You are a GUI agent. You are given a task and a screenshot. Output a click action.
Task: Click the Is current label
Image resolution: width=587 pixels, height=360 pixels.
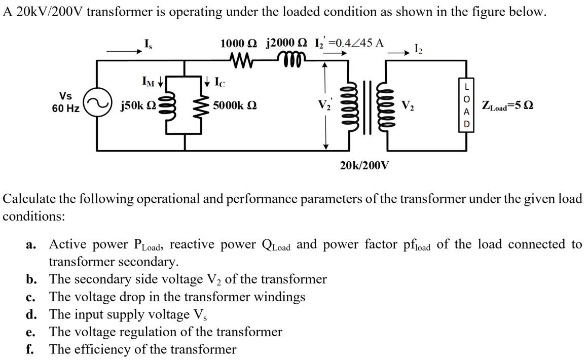147,44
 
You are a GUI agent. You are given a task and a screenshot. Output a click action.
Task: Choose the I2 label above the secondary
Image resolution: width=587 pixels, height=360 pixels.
419,49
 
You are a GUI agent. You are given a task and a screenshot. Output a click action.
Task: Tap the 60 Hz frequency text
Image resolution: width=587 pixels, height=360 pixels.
65,109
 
